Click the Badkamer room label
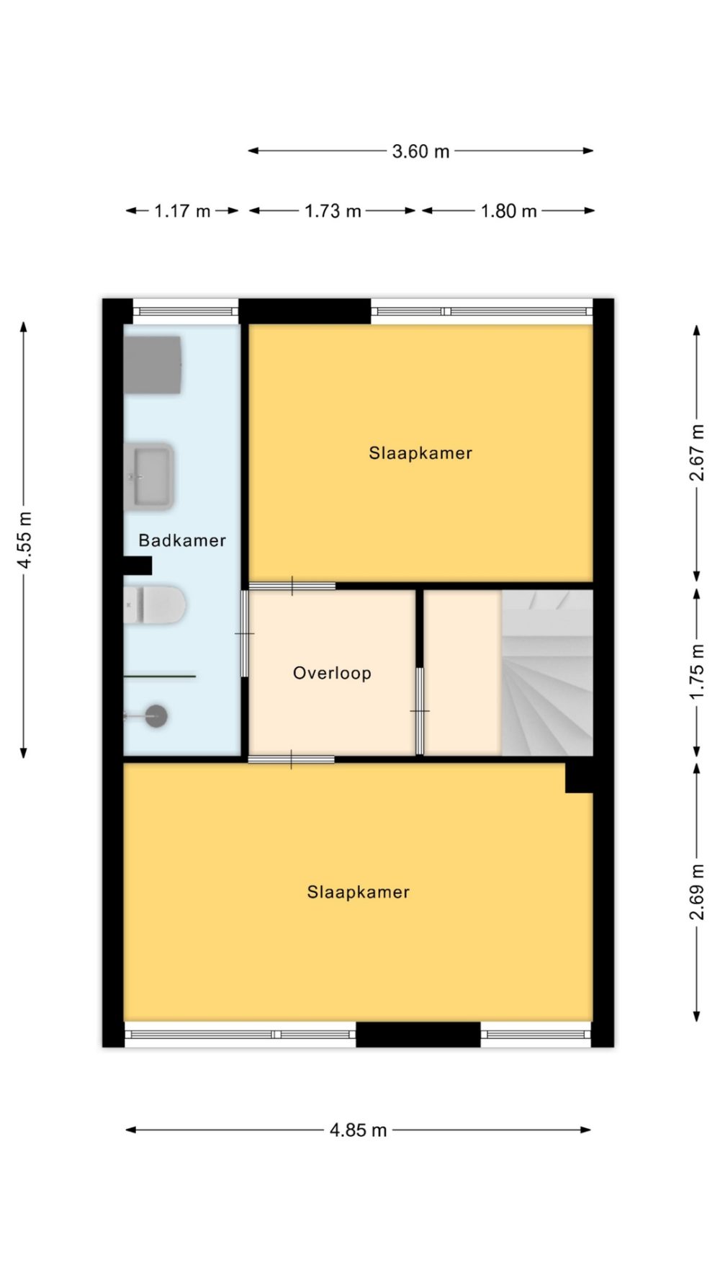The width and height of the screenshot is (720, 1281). (182, 540)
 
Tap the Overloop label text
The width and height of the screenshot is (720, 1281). (332, 673)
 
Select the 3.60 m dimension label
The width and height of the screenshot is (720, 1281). (420, 151)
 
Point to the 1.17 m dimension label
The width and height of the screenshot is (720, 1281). (182, 211)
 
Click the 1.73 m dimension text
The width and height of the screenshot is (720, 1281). (333, 211)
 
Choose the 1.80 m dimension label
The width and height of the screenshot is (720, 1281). (508, 211)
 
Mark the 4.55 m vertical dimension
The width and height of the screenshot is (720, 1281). (24, 540)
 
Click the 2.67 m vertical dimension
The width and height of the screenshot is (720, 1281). (697, 452)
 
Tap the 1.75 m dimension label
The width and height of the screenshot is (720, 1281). (697, 671)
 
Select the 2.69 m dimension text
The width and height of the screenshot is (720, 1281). (697, 891)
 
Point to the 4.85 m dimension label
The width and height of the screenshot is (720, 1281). (358, 1130)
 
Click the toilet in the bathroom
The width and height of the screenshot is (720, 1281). (154, 604)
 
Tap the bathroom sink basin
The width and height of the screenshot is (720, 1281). (149, 477)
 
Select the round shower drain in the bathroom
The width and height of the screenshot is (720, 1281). (156, 716)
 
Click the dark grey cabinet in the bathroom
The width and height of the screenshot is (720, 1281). (152, 365)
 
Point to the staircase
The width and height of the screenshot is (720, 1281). (547, 673)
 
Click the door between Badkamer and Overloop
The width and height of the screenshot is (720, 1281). (245, 634)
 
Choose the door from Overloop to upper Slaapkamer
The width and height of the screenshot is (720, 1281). (292, 586)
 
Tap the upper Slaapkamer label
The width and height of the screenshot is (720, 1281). (420, 453)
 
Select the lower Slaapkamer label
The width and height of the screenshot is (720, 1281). (358, 892)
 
